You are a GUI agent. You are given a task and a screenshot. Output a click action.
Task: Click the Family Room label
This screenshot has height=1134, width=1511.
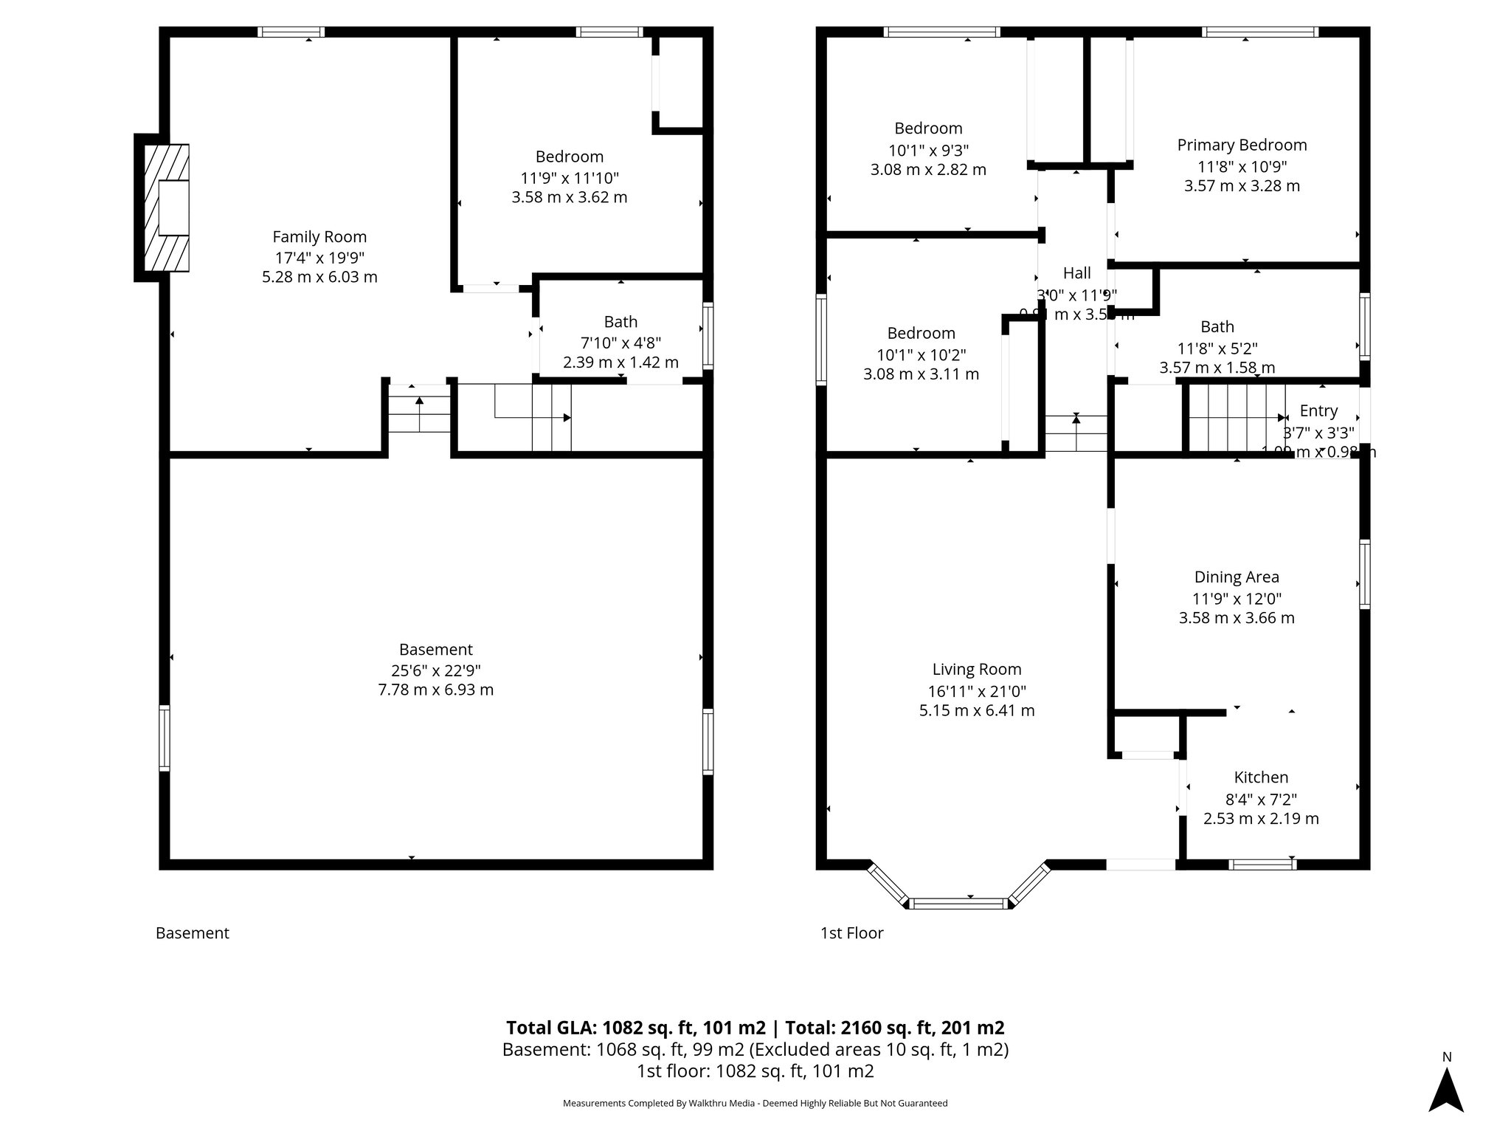click(319, 237)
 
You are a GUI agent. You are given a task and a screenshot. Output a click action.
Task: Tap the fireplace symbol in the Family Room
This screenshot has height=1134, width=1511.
click(167, 208)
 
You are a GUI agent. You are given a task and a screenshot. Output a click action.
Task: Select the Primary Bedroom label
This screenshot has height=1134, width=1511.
click(1242, 145)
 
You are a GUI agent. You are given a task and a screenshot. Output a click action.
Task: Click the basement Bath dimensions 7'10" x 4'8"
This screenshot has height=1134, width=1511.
click(620, 343)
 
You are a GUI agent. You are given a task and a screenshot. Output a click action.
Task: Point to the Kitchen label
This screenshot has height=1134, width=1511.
click(1261, 777)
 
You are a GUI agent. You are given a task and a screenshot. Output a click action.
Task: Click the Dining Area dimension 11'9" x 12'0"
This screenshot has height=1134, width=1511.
click(1237, 599)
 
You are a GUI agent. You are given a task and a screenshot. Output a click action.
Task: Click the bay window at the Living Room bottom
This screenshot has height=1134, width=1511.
click(958, 902)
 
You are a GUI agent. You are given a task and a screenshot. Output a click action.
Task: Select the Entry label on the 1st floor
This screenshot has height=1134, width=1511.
click(1318, 411)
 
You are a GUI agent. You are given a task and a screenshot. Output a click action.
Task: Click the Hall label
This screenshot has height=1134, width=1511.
click(1076, 273)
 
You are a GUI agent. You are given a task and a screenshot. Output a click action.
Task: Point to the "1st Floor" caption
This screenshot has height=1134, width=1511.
click(851, 933)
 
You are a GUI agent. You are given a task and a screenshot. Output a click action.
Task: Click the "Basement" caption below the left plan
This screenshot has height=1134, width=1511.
click(193, 933)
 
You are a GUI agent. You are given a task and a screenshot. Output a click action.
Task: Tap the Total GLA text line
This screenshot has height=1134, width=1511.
click(755, 1028)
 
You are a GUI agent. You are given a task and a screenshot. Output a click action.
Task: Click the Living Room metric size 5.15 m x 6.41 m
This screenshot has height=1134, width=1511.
click(976, 711)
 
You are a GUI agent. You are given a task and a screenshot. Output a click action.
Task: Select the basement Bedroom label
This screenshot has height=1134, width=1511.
click(569, 157)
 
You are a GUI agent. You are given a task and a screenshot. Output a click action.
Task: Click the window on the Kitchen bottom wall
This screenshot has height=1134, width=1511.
click(1262, 864)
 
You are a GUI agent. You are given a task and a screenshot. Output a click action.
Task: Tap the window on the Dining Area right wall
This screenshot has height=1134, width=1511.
click(1364, 574)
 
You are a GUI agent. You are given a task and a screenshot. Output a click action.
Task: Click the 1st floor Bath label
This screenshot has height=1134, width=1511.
click(1217, 327)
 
